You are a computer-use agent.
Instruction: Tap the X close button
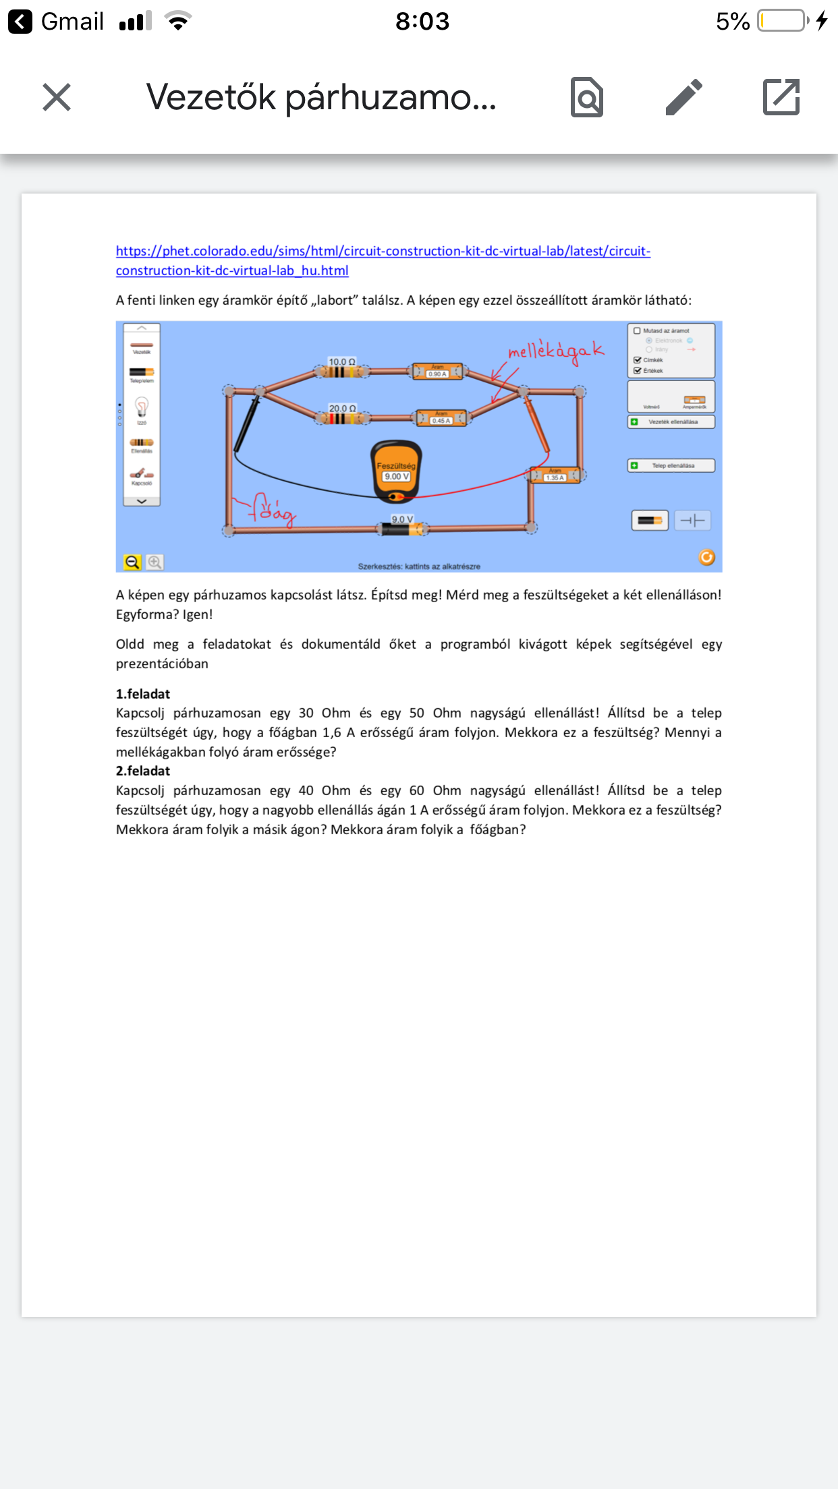coord(57,97)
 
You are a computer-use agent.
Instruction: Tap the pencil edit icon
coord(684,97)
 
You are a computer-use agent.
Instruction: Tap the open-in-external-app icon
coord(781,97)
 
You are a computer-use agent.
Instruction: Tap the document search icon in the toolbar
coord(587,97)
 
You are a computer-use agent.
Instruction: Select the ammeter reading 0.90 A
coord(437,371)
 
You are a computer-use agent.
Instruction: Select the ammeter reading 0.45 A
coord(441,418)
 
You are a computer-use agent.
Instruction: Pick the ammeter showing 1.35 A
coord(555,475)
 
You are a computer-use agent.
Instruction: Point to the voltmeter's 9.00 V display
coord(396,476)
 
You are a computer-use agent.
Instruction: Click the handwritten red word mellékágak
coord(555,351)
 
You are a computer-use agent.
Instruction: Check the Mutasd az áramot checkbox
coord(637,331)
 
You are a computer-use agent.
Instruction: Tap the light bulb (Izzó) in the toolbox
coord(142,407)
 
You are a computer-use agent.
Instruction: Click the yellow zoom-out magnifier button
coord(132,562)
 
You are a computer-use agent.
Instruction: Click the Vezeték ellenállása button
coord(671,422)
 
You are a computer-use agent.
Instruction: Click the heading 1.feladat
coord(143,694)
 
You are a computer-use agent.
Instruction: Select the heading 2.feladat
coord(143,771)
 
